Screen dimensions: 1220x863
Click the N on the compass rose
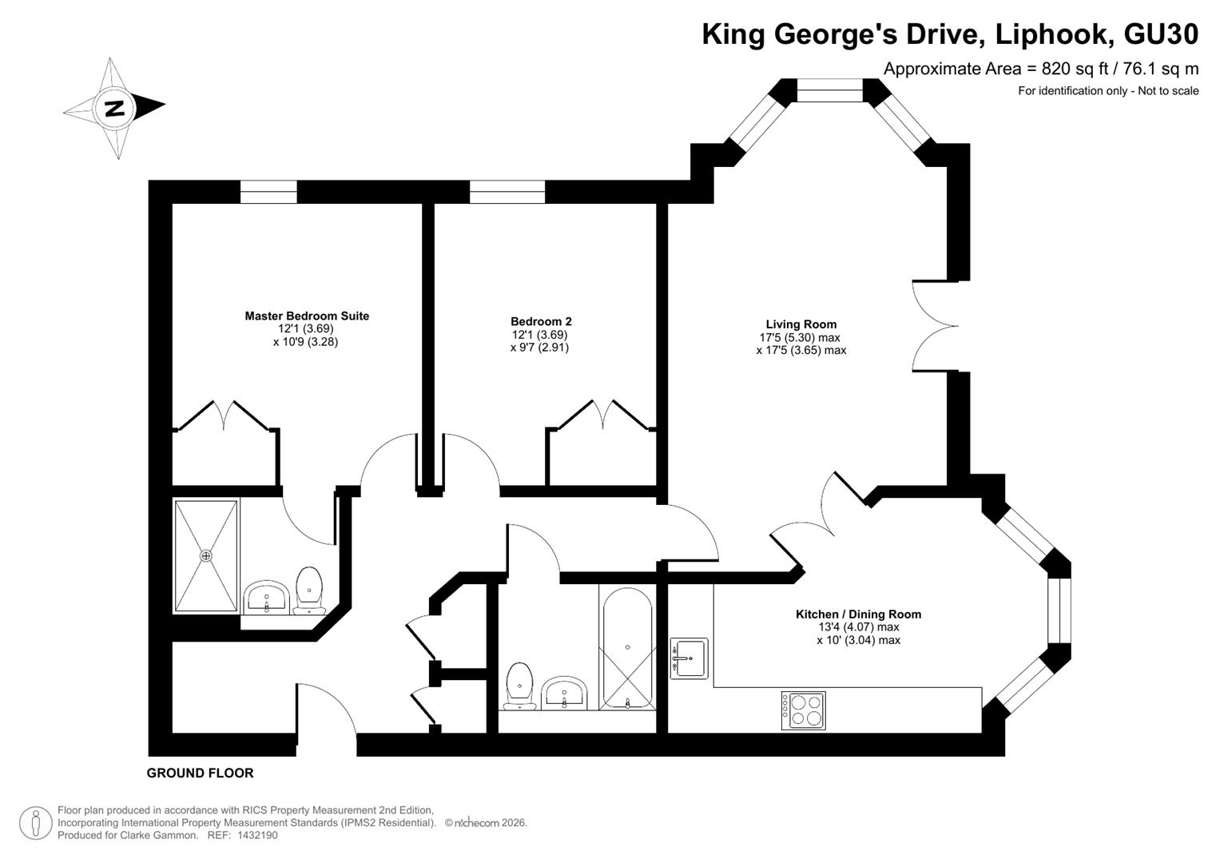(114, 109)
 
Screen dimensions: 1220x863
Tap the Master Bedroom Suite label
(307, 316)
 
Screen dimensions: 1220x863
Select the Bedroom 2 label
(541, 322)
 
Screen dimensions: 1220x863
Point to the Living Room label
(801, 324)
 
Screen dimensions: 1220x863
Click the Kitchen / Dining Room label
(858, 614)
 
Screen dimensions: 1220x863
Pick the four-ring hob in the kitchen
(804, 710)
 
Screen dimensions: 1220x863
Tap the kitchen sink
(689, 658)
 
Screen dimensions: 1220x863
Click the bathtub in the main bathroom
(627, 649)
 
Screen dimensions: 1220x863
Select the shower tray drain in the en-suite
(206, 556)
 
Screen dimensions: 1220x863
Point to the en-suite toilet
(309, 590)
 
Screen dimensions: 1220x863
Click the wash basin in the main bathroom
(564, 693)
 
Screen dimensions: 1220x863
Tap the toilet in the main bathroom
(519, 686)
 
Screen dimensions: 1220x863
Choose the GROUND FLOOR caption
(200, 774)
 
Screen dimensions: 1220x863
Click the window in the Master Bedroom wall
(268, 192)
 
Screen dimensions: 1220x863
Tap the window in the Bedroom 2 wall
(507, 192)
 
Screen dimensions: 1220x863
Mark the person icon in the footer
(36, 822)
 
